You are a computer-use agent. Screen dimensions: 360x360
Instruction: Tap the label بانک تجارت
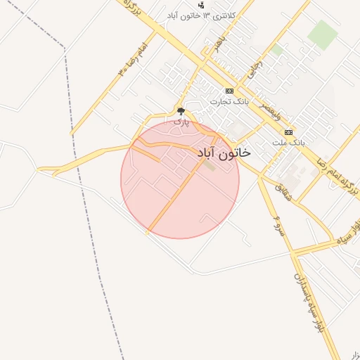click(x=230, y=103)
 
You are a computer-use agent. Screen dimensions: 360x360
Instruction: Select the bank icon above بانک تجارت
click(x=229, y=91)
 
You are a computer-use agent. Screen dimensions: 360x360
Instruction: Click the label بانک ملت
click(x=289, y=143)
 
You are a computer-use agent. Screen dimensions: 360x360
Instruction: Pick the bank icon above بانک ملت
click(x=288, y=132)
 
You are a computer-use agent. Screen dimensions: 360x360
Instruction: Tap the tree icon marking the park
click(x=181, y=111)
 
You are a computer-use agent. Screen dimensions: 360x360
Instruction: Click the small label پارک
click(x=181, y=122)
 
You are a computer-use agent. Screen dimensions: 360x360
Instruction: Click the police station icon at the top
click(x=202, y=5)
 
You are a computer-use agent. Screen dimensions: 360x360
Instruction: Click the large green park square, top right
click(x=323, y=34)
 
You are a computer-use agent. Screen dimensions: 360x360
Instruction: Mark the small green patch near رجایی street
click(x=277, y=50)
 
